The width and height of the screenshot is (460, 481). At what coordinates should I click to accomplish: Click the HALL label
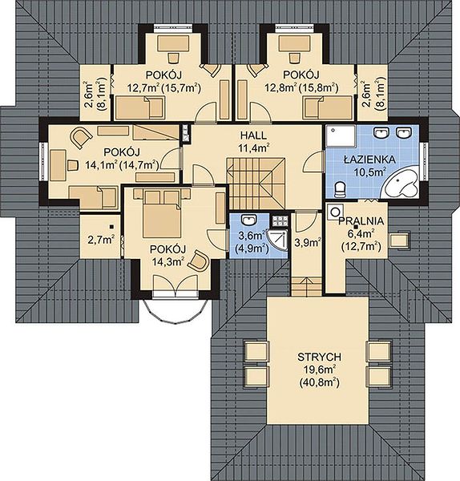click(253, 135)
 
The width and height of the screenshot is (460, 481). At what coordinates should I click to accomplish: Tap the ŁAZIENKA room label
click(369, 160)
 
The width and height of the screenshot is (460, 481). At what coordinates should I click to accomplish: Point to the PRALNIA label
click(361, 221)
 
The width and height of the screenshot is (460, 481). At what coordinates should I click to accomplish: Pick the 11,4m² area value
click(254, 148)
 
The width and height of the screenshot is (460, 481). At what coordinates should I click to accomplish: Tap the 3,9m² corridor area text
click(308, 242)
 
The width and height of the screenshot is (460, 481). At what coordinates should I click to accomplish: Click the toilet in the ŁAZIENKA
click(340, 190)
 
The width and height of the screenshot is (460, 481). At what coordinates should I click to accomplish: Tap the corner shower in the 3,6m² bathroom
click(278, 240)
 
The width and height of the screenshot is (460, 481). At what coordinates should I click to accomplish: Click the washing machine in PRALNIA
click(334, 212)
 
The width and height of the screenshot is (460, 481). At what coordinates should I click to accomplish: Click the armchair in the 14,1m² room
click(81, 137)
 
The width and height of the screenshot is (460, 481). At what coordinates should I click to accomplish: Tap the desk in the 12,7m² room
click(173, 44)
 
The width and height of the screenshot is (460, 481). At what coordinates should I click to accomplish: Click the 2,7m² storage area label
click(101, 240)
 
